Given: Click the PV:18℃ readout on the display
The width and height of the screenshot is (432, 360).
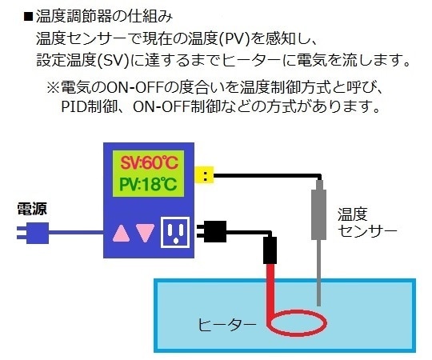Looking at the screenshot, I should [x=150, y=185].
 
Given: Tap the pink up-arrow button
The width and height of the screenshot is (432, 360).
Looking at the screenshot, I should [x=121, y=232].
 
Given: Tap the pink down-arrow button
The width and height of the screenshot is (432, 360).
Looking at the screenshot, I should [x=144, y=232].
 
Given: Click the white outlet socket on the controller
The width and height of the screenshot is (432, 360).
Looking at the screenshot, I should [x=175, y=233].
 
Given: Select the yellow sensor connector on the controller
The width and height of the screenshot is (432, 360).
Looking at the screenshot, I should [x=206, y=174].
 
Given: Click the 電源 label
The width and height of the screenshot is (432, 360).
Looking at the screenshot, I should [x=33, y=210].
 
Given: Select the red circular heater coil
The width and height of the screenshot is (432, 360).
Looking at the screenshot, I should [x=298, y=323].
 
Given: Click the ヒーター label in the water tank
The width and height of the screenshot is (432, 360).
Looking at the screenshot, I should [x=227, y=325].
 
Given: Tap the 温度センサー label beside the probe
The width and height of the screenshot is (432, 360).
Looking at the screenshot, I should [x=367, y=222].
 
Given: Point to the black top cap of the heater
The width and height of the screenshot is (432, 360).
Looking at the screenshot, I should [x=270, y=250].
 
